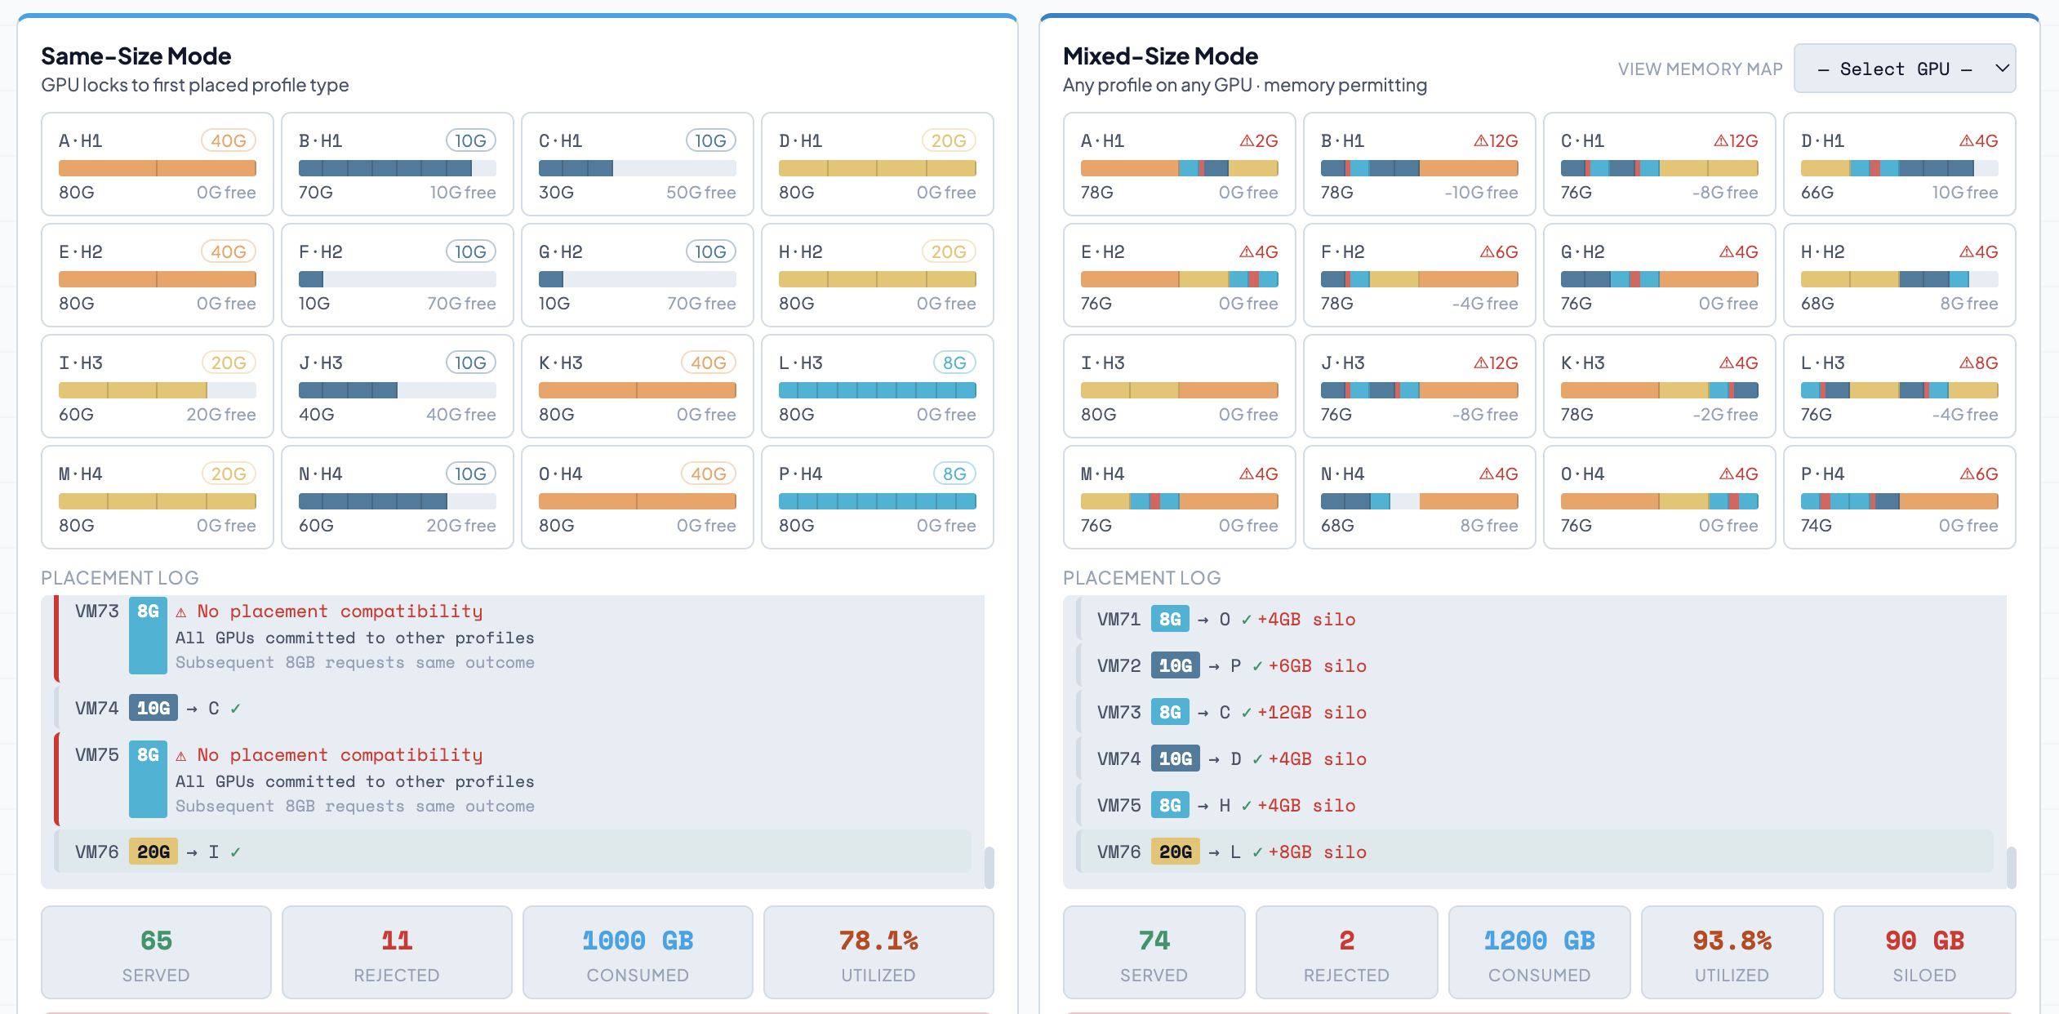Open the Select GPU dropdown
click(1904, 69)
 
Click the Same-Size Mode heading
click(136, 56)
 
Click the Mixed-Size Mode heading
click(1160, 56)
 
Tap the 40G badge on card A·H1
click(229, 140)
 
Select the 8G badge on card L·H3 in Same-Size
click(954, 362)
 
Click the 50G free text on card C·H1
click(700, 193)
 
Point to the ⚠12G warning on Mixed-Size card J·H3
click(1496, 362)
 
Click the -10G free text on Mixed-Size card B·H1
click(1481, 193)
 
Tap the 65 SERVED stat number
click(156, 941)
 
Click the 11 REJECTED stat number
click(397, 941)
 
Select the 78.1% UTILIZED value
click(878, 941)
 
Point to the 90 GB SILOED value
click(1924, 941)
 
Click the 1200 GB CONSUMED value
click(1539, 941)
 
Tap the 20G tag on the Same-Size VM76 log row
click(153, 852)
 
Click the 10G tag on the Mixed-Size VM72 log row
click(1176, 666)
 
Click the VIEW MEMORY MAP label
click(1700, 69)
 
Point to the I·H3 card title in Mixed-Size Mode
click(1102, 362)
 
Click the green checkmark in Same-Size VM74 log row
click(235, 709)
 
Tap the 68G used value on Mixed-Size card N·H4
click(1337, 526)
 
